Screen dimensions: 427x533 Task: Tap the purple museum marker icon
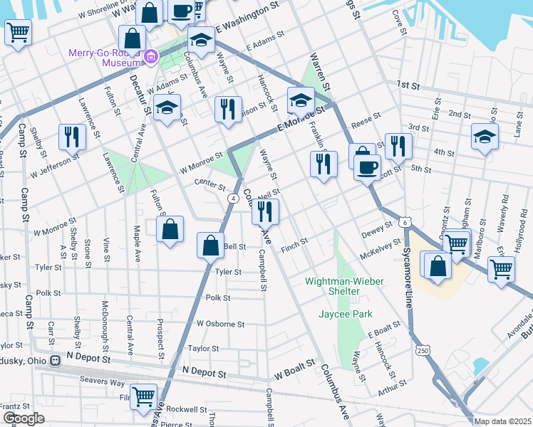[x=150, y=57]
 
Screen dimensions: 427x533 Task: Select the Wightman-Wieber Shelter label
[x=344, y=281]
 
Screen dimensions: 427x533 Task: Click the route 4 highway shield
[x=232, y=199]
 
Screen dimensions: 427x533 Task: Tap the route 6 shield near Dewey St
[x=405, y=222]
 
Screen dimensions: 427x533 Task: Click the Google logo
[x=24, y=418]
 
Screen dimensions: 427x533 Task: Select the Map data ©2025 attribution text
[x=502, y=421]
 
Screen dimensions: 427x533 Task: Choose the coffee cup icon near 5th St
[x=368, y=168]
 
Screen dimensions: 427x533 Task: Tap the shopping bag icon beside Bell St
[x=211, y=246]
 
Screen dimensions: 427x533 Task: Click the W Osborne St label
[x=221, y=323]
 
